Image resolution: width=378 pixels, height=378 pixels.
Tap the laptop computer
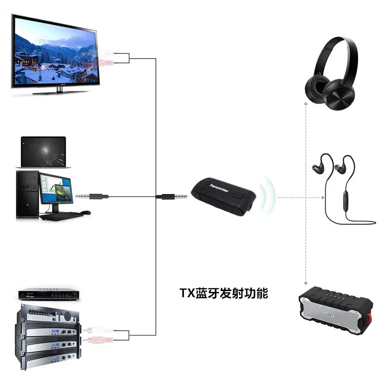coord(43,151)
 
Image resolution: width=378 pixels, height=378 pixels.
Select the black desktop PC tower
coord(27,194)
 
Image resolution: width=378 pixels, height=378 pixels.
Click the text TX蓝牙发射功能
coord(223,293)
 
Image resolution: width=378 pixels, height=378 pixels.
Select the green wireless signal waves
coord(268,196)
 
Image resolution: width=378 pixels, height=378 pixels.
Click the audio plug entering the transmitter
coord(165,196)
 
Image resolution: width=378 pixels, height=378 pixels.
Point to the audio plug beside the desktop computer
coord(92,196)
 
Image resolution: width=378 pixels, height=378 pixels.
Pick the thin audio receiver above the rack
coord(47,293)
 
